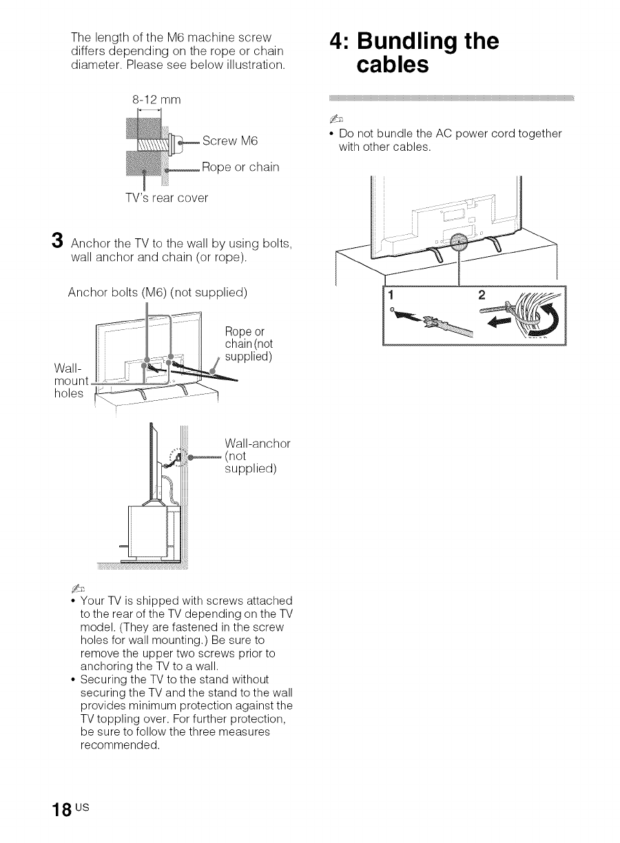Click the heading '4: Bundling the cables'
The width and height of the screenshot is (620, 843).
[x=413, y=53]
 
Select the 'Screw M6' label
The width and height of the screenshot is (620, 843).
[x=230, y=141]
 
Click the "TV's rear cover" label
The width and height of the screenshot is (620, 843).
[x=164, y=198]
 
